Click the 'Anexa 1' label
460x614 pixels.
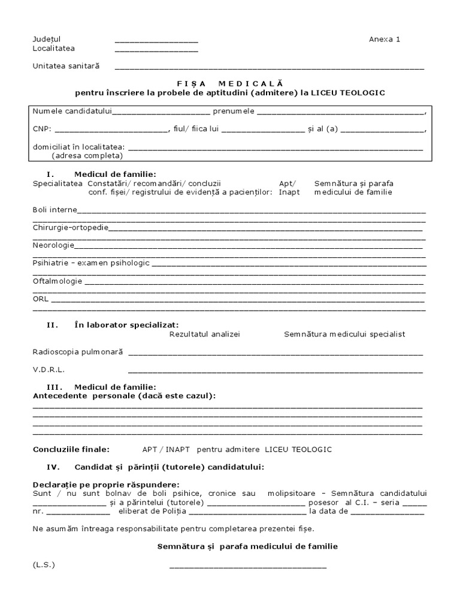tap(384, 40)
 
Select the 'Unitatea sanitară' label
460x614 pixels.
tap(66, 66)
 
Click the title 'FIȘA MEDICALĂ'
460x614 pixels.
tap(230, 83)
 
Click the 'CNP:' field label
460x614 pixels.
tap(42, 128)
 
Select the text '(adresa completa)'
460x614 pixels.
tap(87, 155)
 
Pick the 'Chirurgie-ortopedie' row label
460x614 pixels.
tap(71, 227)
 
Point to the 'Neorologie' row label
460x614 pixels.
tap(53, 245)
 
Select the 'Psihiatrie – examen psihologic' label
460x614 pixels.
tap(91, 263)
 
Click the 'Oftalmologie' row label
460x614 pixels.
tap(57, 281)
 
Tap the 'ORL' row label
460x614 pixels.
tap(41, 298)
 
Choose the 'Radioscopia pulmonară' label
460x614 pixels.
tap(78, 352)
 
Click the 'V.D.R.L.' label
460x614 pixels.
tap(49, 370)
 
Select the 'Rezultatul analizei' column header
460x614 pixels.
tap(205, 334)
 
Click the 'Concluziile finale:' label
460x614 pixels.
tap(71, 449)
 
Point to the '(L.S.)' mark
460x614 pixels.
tap(44, 565)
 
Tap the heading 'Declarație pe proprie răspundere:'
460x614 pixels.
tap(105, 484)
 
